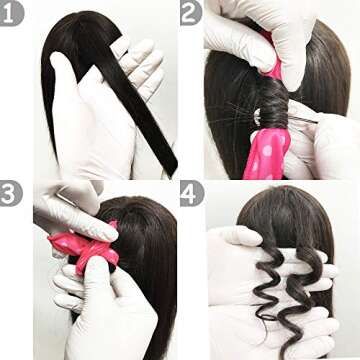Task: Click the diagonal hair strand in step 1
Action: click(x=130, y=100)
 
